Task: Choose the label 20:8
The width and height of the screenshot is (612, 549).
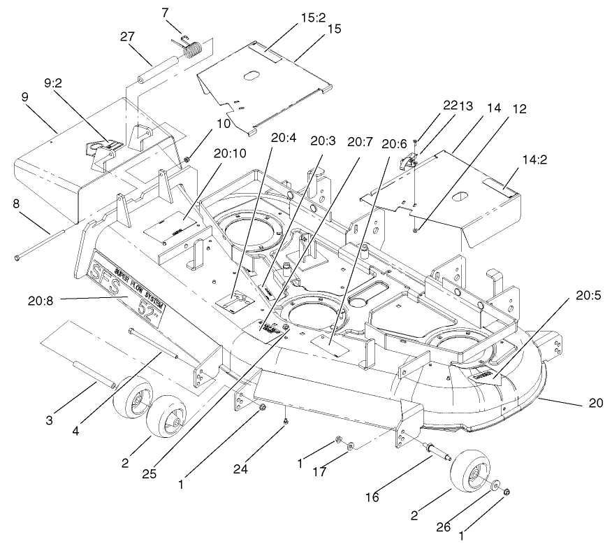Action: click(x=41, y=301)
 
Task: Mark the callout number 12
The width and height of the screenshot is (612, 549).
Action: click(x=519, y=109)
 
